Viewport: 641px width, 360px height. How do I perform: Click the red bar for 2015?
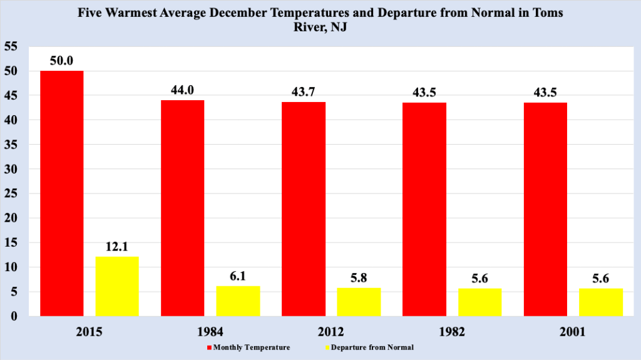(61, 193)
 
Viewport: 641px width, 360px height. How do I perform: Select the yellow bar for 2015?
(117, 286)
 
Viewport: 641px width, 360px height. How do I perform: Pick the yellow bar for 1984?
(238, 301)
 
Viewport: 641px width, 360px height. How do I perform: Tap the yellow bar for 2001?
(601, 302)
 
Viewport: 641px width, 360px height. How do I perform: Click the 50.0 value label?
(61, 61)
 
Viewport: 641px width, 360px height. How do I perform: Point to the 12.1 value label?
(117, 247)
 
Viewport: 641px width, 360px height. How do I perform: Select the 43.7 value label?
(304, 92)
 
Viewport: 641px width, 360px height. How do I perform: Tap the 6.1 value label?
(238, 276)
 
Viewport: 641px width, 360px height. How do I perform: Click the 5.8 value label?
(359, 277)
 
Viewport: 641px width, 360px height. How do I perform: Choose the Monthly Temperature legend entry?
(248, 347)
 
